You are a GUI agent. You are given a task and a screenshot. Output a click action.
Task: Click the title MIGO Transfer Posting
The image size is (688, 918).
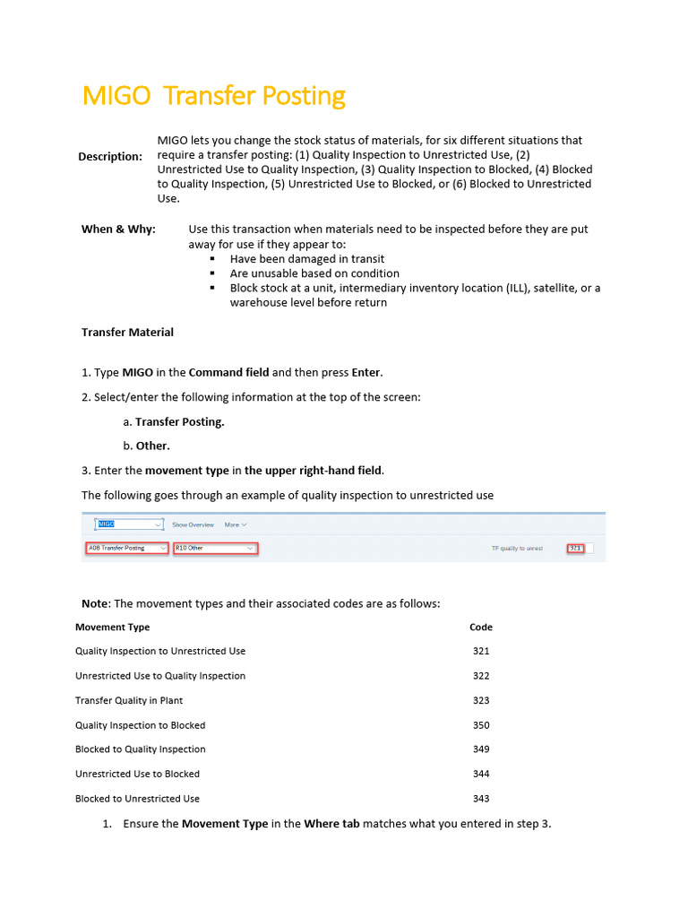[x=213, y=96]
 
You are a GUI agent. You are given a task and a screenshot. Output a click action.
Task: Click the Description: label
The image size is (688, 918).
[x=109, y=157]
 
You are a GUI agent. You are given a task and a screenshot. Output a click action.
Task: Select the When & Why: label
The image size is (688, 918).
[x=118, y=229]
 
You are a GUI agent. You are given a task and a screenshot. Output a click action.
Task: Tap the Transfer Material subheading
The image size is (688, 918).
[x=127, y=333]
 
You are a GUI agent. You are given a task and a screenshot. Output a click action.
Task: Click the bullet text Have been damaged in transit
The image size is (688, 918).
[x=307, y=259]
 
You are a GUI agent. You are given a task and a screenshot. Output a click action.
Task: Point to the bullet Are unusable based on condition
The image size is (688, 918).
[x=314, y=273]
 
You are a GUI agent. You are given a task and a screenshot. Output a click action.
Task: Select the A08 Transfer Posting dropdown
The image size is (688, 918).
[x=126, y=548]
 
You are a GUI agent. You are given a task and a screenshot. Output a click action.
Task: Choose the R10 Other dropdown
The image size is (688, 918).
[x=215, y=548]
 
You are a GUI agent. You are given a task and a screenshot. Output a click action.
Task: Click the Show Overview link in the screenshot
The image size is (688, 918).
[x=193, y=524]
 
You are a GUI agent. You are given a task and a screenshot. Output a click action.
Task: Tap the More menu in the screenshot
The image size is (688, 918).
[x=236, y=524]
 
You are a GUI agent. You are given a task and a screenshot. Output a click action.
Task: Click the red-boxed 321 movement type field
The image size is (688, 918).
[x=575, y=548]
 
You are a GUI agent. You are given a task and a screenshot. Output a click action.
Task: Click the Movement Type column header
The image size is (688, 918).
[x=112, y=628]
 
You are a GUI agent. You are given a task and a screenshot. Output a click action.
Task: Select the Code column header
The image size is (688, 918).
[x=481, y=628]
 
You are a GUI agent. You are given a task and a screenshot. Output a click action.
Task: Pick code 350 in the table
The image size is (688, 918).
[x=481, y=725]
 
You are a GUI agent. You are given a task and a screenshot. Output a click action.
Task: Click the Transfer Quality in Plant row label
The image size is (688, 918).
[x=129, y=701]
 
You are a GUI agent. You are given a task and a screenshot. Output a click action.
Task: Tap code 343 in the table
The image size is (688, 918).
[x=481, y=799]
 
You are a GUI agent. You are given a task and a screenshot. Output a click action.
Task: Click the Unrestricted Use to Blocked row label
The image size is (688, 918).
[x=137, y=775]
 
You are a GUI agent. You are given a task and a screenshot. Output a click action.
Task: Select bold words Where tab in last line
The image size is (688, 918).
[x=331, y=824]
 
